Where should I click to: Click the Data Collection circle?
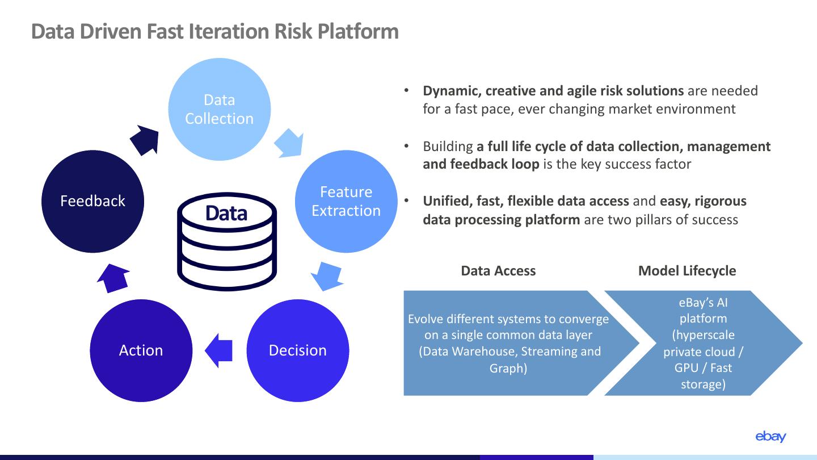coord(220,109)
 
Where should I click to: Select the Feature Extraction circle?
coord(346,201)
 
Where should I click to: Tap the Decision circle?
coord(298,350)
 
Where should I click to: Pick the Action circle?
coord(141,350)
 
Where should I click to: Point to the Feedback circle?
coord(92,201)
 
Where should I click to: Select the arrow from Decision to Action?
coord(220,350)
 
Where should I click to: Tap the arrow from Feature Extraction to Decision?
coord(326,275)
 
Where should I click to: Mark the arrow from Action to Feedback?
coord(113,278)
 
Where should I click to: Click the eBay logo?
coord(770,437)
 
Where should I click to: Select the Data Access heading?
coord(498,271)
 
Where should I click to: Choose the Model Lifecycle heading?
coord(687,271)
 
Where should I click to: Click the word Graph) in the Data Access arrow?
coord(508,368)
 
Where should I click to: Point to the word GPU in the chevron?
coord(686,368)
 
